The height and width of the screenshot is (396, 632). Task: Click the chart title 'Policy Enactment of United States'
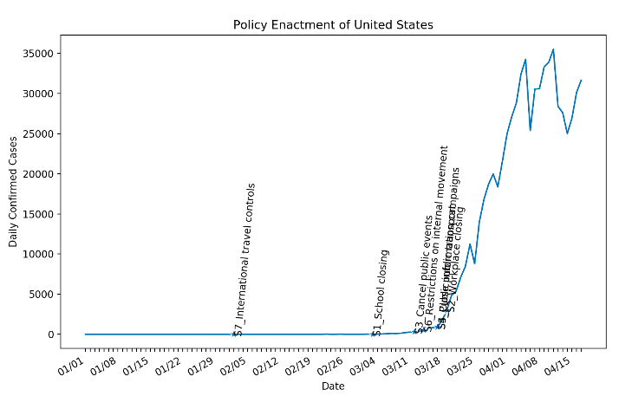(x=333, y=25)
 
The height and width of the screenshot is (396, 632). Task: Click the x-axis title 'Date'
(x=333, y=386)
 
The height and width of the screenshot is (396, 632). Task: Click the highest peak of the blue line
(x=553, y=49)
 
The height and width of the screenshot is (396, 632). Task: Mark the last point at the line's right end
(x=581, y=81)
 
